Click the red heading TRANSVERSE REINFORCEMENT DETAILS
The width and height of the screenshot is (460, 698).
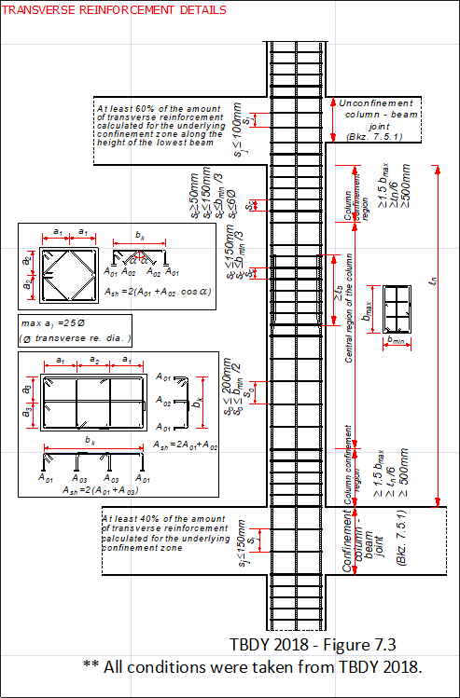(x=116, y=10)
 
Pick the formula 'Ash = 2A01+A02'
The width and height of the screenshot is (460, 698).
(x=183, y=446)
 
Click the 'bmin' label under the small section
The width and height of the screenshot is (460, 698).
(x=396, y=342)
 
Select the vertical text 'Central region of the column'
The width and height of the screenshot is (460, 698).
(x=348, y=308)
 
